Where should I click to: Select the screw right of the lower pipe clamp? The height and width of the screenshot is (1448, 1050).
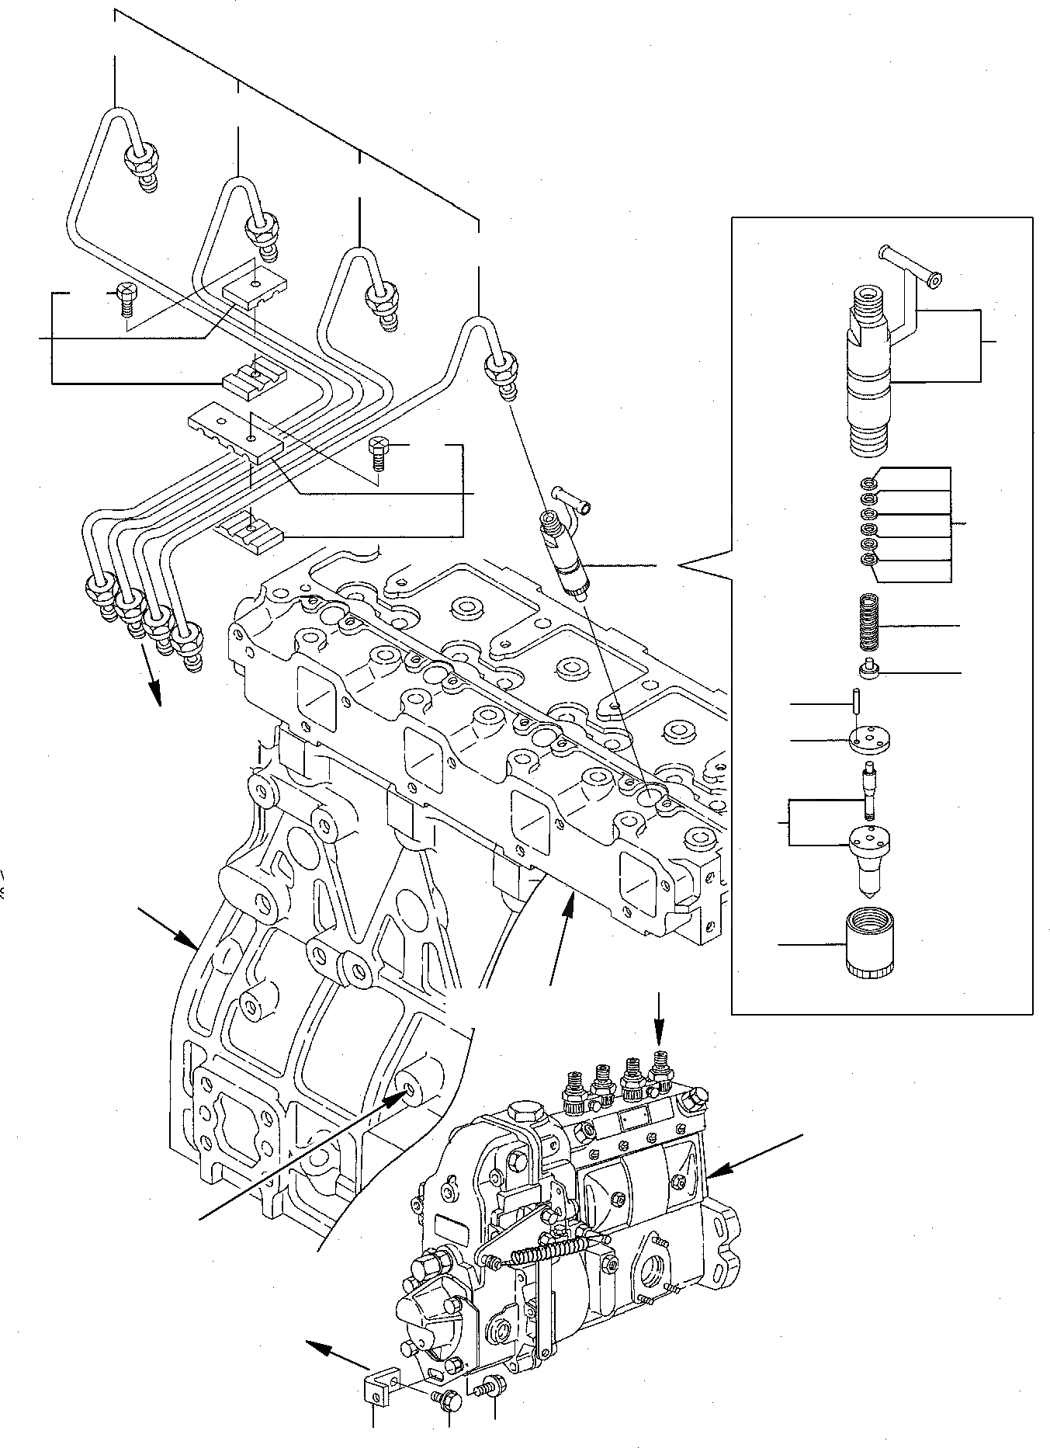point(378,451)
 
